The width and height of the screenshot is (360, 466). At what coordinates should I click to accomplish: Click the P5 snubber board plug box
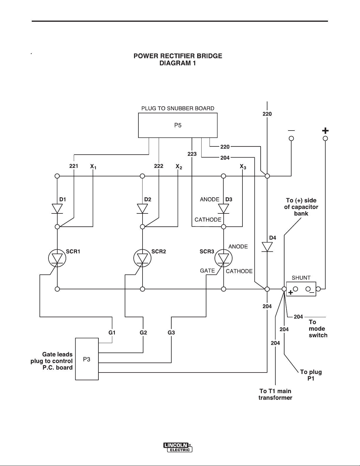178,125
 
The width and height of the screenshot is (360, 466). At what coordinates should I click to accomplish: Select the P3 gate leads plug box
87,359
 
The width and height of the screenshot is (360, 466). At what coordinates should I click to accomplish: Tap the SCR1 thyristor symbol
57,258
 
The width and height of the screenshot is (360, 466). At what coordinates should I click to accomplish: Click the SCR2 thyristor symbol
143,258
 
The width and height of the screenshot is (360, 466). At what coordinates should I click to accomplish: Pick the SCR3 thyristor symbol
223,258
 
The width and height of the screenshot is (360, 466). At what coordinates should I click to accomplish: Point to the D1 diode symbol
57,209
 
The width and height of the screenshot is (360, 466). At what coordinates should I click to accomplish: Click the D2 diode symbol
143,209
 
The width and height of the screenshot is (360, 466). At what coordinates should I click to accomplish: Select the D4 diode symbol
267,247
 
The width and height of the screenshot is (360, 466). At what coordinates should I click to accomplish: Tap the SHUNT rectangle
301,289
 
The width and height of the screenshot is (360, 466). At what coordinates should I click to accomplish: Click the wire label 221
73,166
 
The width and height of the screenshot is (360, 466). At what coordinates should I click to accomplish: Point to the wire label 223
192,154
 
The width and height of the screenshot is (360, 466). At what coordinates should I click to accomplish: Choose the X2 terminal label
179,166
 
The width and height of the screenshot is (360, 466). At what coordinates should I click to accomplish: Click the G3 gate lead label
171,333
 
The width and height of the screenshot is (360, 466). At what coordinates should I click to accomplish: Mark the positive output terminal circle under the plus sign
325,138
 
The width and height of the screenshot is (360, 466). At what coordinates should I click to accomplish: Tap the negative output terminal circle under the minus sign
291,138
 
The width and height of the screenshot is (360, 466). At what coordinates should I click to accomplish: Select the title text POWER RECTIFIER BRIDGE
178,56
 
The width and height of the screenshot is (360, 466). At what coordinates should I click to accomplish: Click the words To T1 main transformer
275,394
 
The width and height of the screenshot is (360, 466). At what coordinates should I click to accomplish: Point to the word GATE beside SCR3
207,270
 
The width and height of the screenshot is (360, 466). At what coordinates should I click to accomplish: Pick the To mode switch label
318,329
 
